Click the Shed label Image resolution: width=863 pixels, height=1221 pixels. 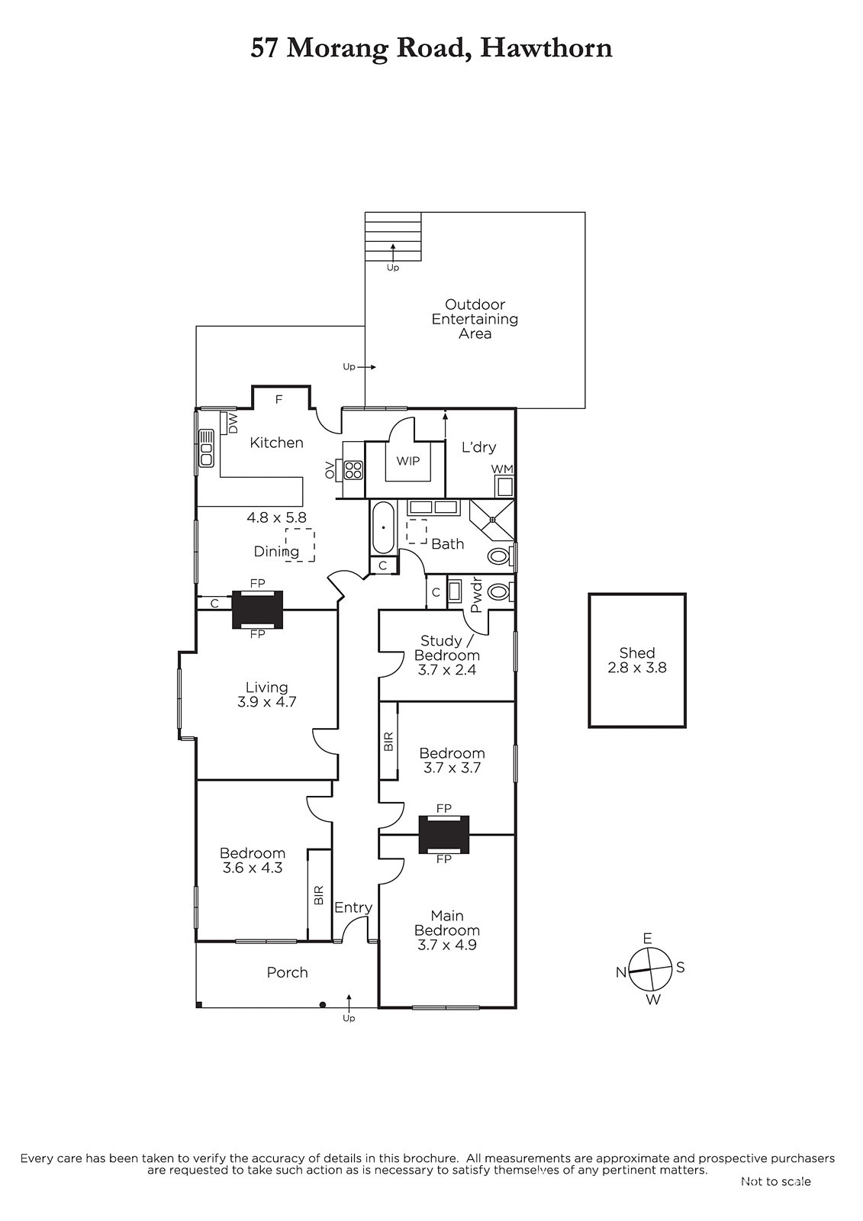coord(636,652)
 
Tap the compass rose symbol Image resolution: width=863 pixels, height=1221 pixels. coord(650,969)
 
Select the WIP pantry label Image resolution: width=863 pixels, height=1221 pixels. coord(407,461)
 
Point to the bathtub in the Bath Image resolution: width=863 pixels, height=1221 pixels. coord(384,527)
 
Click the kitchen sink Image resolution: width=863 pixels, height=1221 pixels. coord(206,448)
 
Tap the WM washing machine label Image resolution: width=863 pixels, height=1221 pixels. coord(501,469)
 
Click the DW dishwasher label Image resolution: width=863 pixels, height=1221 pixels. coord(233,423)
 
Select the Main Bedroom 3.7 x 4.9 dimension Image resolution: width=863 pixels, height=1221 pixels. coord(447,945)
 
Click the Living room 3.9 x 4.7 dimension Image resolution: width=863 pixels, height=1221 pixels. coord(266,702)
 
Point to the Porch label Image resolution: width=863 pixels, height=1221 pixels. coord(288,972)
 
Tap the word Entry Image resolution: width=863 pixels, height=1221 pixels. coord(353,907)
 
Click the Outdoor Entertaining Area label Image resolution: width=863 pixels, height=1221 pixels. coord(475,319)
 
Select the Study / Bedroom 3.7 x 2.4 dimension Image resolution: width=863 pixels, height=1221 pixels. coord(447,670)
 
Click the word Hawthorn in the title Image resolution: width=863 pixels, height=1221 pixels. coord(546,48)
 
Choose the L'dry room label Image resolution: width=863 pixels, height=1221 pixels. coord(478,447)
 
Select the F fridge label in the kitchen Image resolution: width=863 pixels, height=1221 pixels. coord(279,400)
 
